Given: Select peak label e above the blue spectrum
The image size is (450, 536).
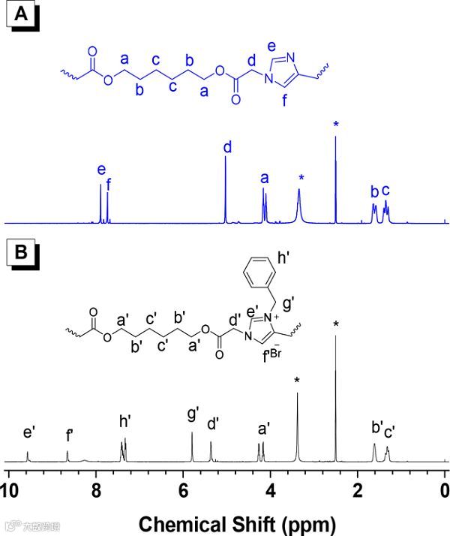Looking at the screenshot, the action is (101, 170).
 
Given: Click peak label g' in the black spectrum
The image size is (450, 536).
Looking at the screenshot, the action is (193, 414).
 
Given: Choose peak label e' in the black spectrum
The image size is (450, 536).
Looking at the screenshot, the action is (29, 432).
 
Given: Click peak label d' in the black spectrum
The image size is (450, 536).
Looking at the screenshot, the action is (213, 424).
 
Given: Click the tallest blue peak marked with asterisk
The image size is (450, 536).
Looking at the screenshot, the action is (335, 180).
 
